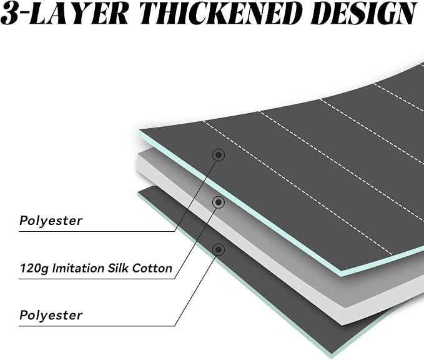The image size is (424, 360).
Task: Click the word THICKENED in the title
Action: (221, 13)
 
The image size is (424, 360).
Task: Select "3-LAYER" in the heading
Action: (66, 14)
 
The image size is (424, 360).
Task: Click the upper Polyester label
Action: (51, 221)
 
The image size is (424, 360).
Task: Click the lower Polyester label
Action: (51, 316)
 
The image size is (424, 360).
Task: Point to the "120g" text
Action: (34, 269)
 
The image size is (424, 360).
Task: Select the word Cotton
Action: (152, 268)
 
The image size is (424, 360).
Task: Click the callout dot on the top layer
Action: (219, 155)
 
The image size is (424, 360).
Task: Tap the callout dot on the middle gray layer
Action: (219, 202)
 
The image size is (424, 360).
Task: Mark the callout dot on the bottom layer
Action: (219, 249)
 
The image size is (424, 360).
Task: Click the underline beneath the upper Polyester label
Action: (97, 231)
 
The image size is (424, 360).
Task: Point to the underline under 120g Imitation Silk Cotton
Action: (97, 279)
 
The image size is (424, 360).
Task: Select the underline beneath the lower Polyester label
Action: (97, 326)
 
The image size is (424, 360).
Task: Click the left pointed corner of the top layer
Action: (139, 130)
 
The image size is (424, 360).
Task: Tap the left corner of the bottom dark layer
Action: (139, 192)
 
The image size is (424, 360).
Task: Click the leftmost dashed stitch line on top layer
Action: (297, 187)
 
